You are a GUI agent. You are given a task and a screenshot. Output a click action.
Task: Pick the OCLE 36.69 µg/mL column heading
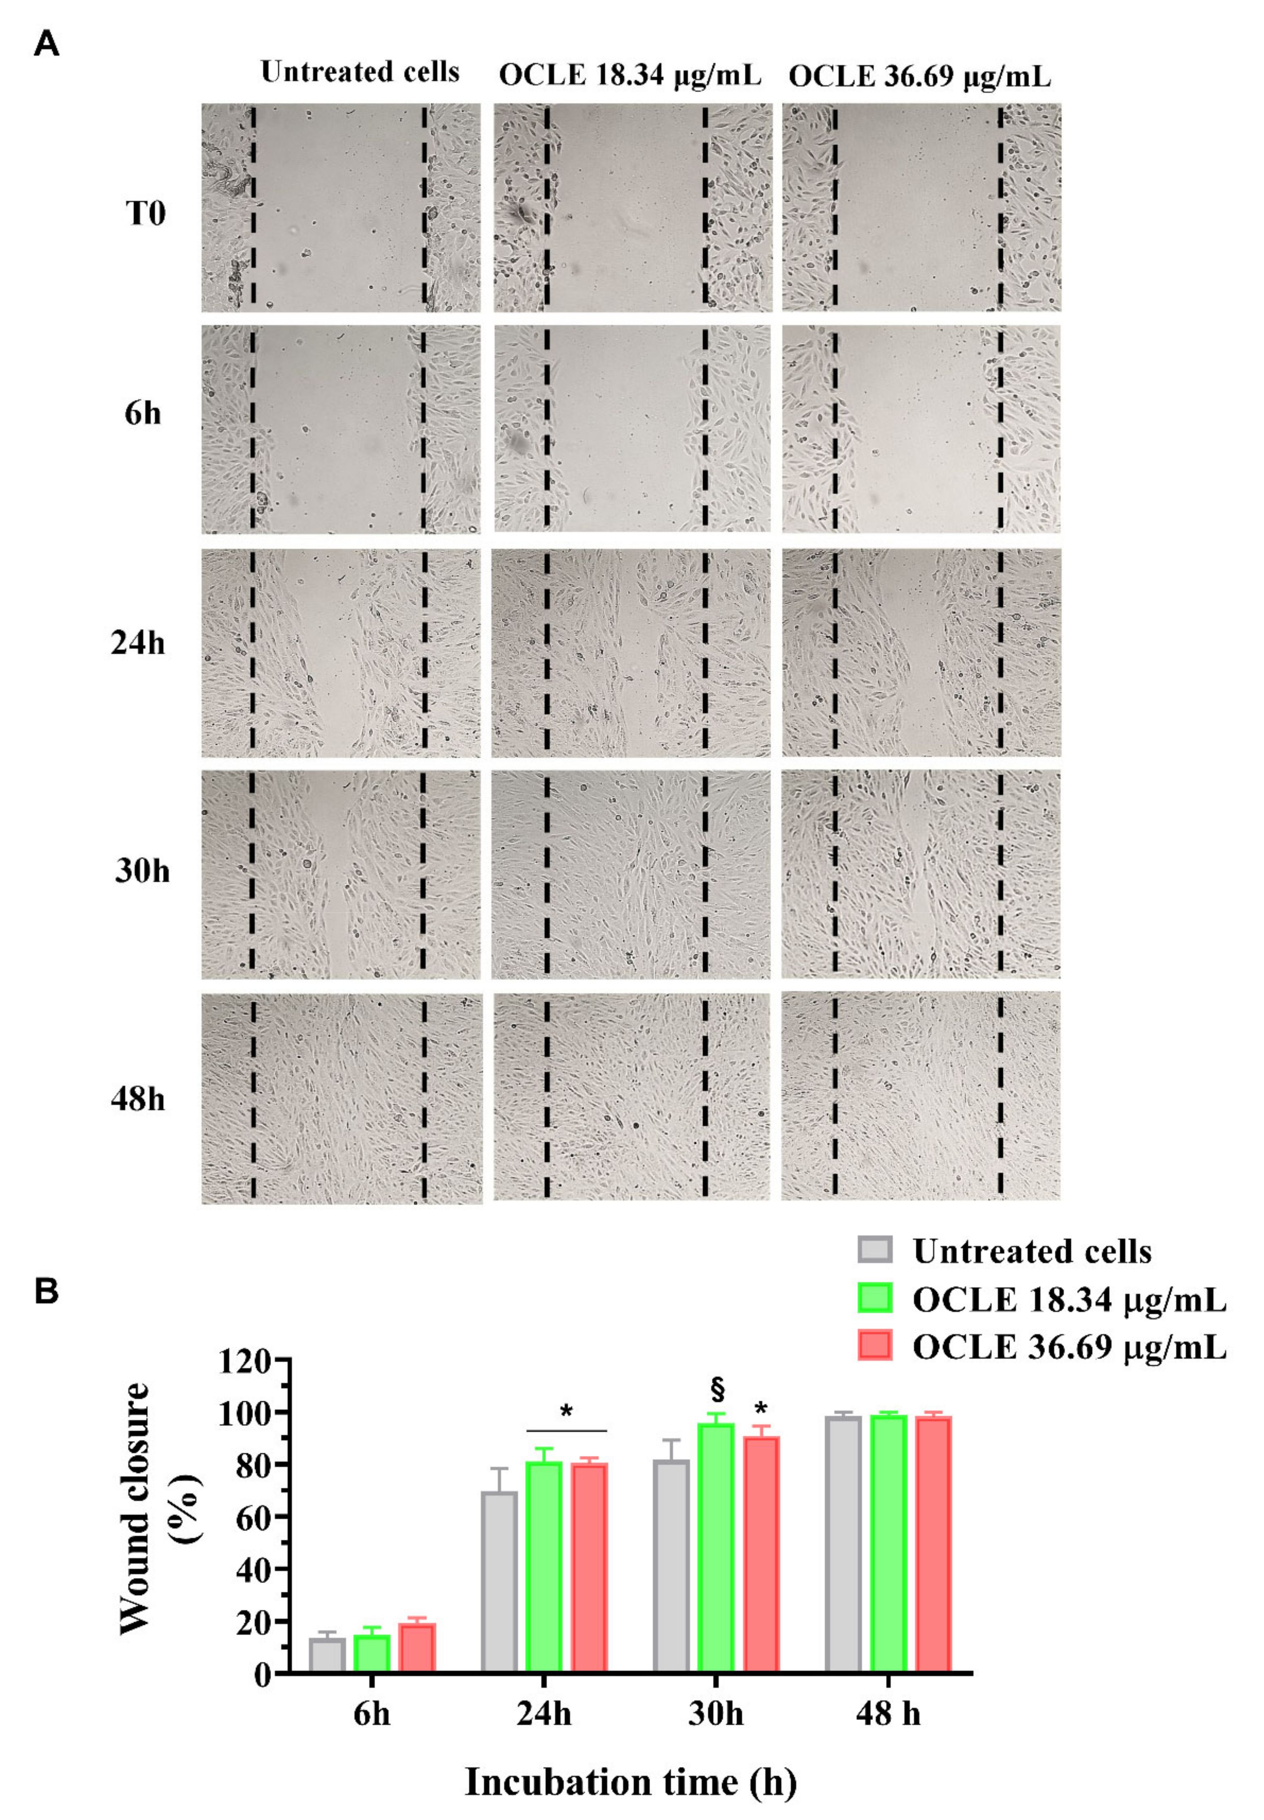click(920, 77)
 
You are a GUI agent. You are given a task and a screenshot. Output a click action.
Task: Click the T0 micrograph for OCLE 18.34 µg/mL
click(632, 208)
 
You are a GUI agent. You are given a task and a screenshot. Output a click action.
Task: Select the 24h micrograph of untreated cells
click(340, 654)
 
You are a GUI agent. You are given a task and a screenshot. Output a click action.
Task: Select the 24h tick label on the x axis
click(544, 1714)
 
